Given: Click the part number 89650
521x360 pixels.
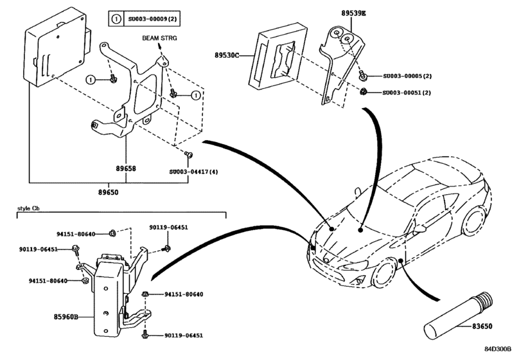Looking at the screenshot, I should pos(108,192).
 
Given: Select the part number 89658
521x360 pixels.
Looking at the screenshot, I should pos(126,168).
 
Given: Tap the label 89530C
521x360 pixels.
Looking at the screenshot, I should pos(227,56).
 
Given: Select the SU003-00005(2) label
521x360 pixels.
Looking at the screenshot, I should pos(407,76).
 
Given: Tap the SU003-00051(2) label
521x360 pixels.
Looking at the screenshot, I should pos(407,93).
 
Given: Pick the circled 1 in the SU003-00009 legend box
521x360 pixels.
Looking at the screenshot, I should pos(116,19).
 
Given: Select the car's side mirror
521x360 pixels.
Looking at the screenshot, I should pos(420,228).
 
